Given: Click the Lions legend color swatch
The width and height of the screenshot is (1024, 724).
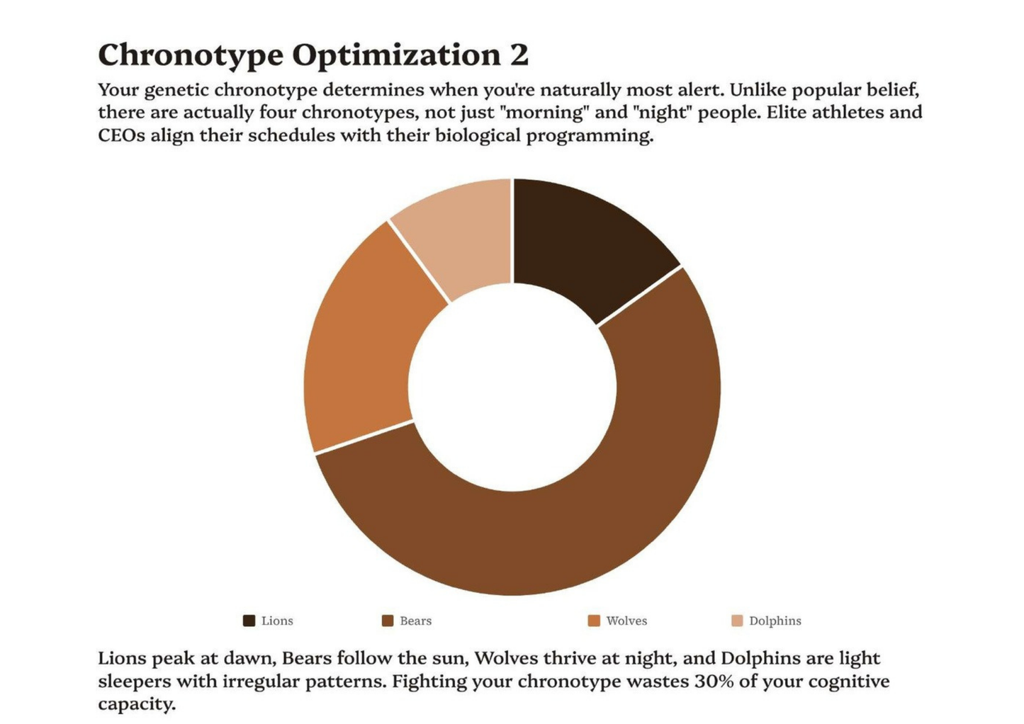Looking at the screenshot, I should point(249,621).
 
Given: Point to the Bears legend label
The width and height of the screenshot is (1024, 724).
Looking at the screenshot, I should point(415,621).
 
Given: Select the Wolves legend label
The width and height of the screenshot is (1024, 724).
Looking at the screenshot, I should point(626,621).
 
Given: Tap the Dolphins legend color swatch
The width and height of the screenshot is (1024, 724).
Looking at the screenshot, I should point(737,621).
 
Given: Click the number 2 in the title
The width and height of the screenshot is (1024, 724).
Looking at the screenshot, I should point(519,55).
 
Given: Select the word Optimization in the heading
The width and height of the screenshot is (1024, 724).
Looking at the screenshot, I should point(396,55).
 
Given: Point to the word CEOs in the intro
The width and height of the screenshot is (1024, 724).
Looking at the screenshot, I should point(121,135).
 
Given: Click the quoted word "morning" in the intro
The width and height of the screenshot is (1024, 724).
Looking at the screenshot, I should point(546,113).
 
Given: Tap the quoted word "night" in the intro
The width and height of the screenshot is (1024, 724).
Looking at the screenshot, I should point(663,113).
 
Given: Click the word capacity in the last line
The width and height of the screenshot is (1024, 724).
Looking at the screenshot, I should point(136,704).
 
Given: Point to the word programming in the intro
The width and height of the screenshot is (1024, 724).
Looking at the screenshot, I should point(589,135).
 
